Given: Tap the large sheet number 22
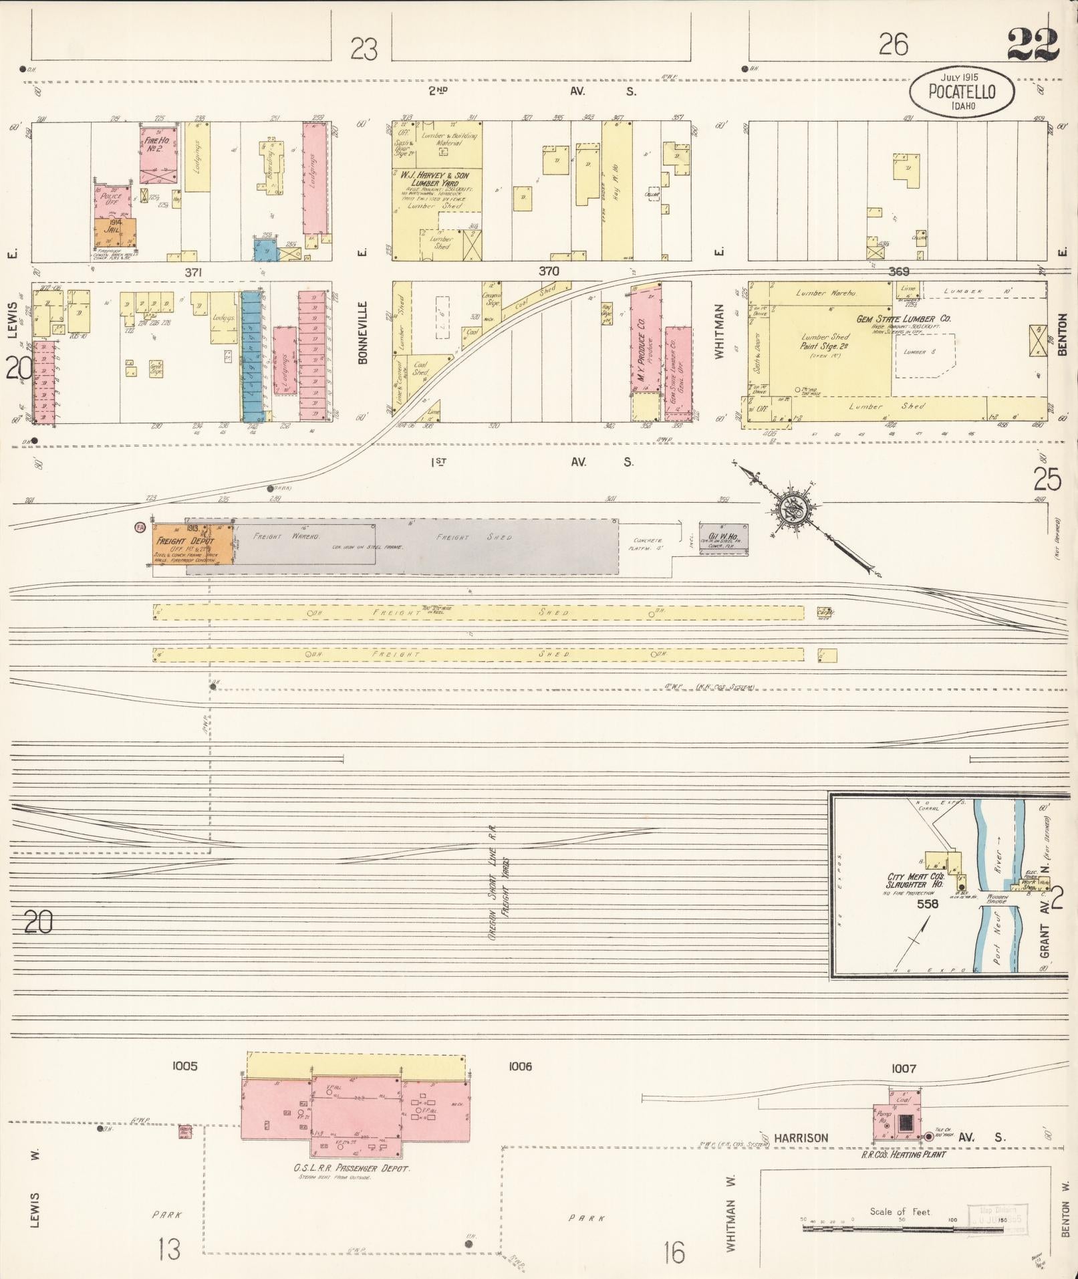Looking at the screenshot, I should click(1033, 44).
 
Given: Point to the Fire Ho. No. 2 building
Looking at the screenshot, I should click(159, 154).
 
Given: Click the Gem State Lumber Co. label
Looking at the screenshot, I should click(904, 320).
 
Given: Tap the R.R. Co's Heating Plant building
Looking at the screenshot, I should click(899, 1117).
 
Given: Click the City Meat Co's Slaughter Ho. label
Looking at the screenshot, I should click(915, 880).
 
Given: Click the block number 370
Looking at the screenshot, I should click(549, 271).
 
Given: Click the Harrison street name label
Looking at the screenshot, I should click(801, 1137).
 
